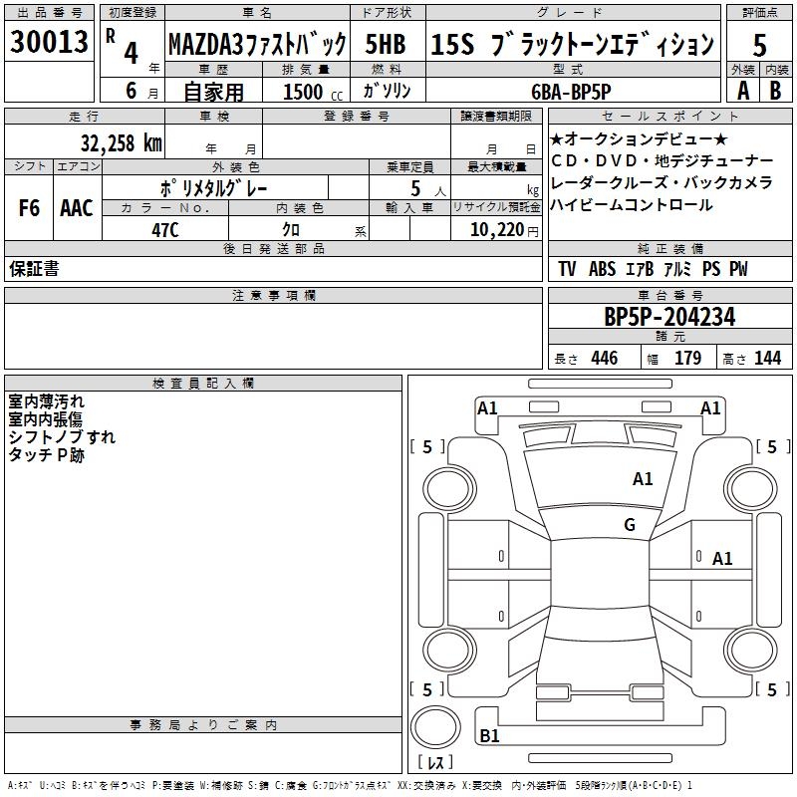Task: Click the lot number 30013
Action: pos(48,44)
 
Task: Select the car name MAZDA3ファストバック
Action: pos(256,45)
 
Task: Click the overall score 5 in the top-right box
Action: pos(759,45)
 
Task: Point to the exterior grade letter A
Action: pos(741,90)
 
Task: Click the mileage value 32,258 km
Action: pos(122,143)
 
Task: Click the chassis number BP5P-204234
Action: pos(669,318)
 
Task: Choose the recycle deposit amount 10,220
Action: pos(494,230)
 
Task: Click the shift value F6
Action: pos(29,208)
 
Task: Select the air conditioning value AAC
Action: pos(77,208)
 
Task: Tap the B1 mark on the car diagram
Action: pos(489,736)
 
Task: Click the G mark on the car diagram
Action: pos(630,525)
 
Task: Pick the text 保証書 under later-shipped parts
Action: pos(34,269)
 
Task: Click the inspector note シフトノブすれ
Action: pos(62,437)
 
